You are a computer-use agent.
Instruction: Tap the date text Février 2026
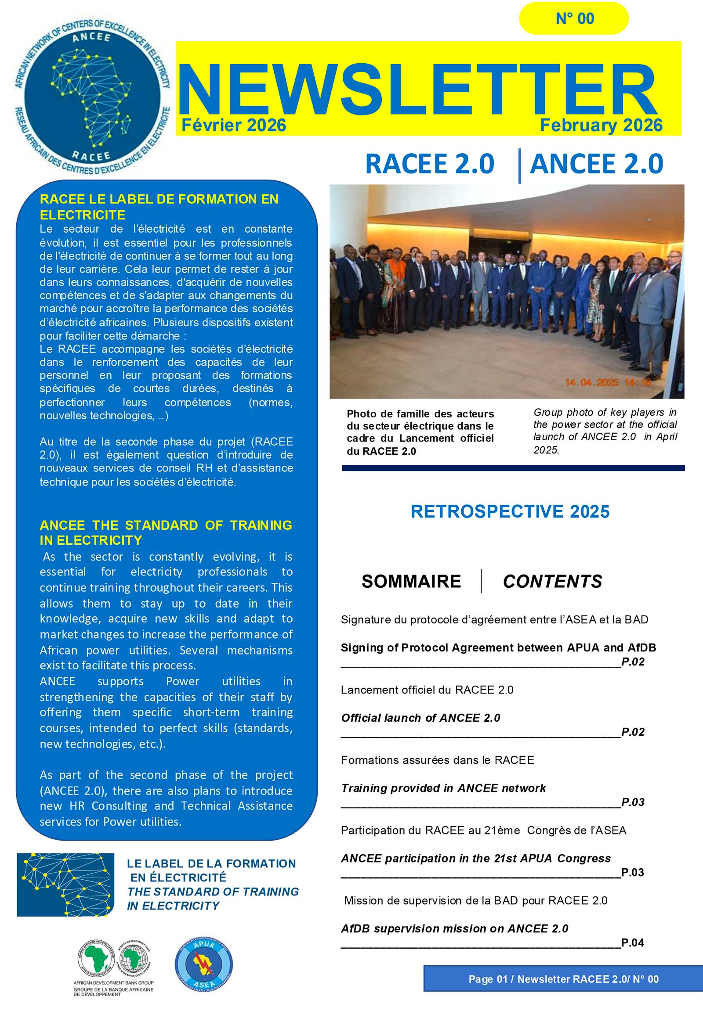pyautogui.click(x=233, y=126)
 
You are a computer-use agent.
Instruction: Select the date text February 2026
pyautogui.click(x=601, y=126)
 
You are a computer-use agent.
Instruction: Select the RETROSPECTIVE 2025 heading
pyautogui.click(x=510, y=511)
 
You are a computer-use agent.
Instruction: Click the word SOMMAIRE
pyautogui.click(x=411, y=581)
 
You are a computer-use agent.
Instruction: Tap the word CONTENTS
pyautogui.click(x=552, y=581)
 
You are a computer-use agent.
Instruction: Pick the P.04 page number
pyautogui.click(x=633, y=942)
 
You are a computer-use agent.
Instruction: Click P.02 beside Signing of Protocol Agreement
pyautogui.click(x=633, y=662)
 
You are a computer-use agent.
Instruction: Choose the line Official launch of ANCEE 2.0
pyautogui.click(x=420, y=718)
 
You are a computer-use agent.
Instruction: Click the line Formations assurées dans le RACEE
pyautogui.click(x=437, y=760)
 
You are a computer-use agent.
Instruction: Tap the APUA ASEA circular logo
pyautogui.click(x=203, y=964)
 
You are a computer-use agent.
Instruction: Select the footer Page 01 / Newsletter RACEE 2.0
pyautogui.click(x=563, y=979)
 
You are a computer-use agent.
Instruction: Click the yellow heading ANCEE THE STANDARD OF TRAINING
pyautogui.click(x=165, y=532)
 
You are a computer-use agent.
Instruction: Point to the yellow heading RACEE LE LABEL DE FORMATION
pyautogui.click(x=159, y=207)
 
